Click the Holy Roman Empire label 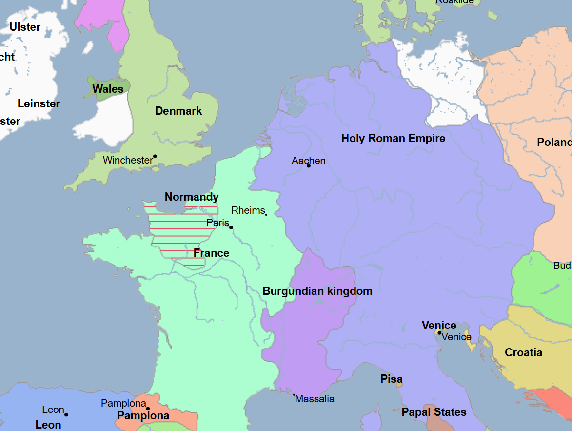(x=393, y=139)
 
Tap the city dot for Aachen (x=309, y=166)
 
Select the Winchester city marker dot (x=155, y=156)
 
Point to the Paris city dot (x=231, y=227)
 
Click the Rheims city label (x=248, y=211)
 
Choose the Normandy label (x=192, y=197)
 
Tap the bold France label (x=211, y=253)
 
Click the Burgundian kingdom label (x=317, y=291)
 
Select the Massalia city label (x=315, y=399)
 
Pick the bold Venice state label (x=439, y=326)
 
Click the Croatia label (x=523, y=353)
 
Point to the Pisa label (x=392, y=379)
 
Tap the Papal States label (x=434, y=412)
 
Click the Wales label (x=108, y=89)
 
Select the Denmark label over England (x=178, y=111)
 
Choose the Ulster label (x=25, y=27)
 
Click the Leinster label (x=39, y=104)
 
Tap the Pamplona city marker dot (x=148, y=409)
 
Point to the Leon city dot (x=66, y=415)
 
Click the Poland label (x=554, y=143)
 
